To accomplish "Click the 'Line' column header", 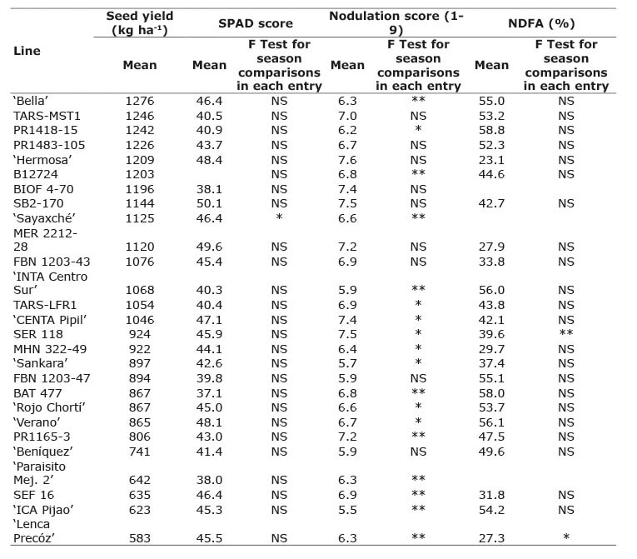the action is point(27,51).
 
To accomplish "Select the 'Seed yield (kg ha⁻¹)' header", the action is point(140,22).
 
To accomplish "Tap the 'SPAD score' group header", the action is point(256,23).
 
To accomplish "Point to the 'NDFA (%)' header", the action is point(541,23).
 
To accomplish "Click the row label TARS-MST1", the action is point(47,116).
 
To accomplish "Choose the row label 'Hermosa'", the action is point(42,160).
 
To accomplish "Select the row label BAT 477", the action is point(37,393).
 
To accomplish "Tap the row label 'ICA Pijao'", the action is point(43,510).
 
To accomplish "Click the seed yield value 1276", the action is point(140,101).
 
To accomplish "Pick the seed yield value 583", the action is point(140,538).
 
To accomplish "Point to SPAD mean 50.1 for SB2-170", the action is point(209,203).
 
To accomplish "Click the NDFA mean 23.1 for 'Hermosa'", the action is point(491,160).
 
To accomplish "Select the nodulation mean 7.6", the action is point(347,160).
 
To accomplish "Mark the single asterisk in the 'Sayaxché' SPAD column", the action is point(279,217).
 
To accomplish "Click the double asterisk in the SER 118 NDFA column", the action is point(566,333).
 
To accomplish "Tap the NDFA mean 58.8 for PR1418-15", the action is point(491,130).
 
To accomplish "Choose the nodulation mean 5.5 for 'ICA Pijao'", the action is point(347,510).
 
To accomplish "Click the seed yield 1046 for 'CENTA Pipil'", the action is point(140,320).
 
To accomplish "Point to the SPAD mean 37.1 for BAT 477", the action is point(209,393).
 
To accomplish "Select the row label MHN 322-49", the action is point(50,349).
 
